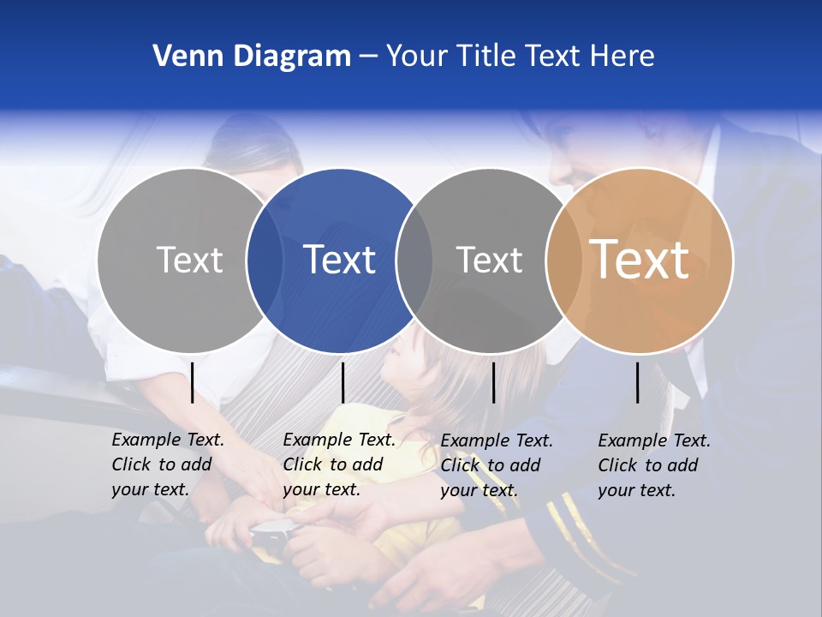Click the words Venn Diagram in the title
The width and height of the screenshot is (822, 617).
click(x=252, y=57)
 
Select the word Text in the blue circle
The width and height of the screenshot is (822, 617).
click(x=340, y=260)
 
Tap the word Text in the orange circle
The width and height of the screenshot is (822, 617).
click(x=640, y=260)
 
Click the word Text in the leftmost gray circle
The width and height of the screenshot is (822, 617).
click(x=189, y=260)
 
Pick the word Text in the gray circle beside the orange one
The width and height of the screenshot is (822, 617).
click(x=489, y=260)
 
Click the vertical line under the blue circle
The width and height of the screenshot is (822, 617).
click(x=342, y=382)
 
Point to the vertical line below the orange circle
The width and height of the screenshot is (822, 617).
click(x=638, y=382)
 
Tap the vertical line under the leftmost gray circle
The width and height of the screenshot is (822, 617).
click(x=193, y=382)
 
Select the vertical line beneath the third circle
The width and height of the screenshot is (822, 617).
click(x=493, y=382)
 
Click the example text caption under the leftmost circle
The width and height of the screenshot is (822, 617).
click(x=168, y=464)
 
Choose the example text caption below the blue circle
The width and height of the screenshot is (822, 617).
click(x=339, y=464)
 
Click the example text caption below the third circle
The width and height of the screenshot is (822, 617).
click(x=497, y=465)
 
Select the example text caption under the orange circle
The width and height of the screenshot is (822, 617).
click(x=654, y=465)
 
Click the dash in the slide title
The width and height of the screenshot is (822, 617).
click(x=368, y=57)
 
